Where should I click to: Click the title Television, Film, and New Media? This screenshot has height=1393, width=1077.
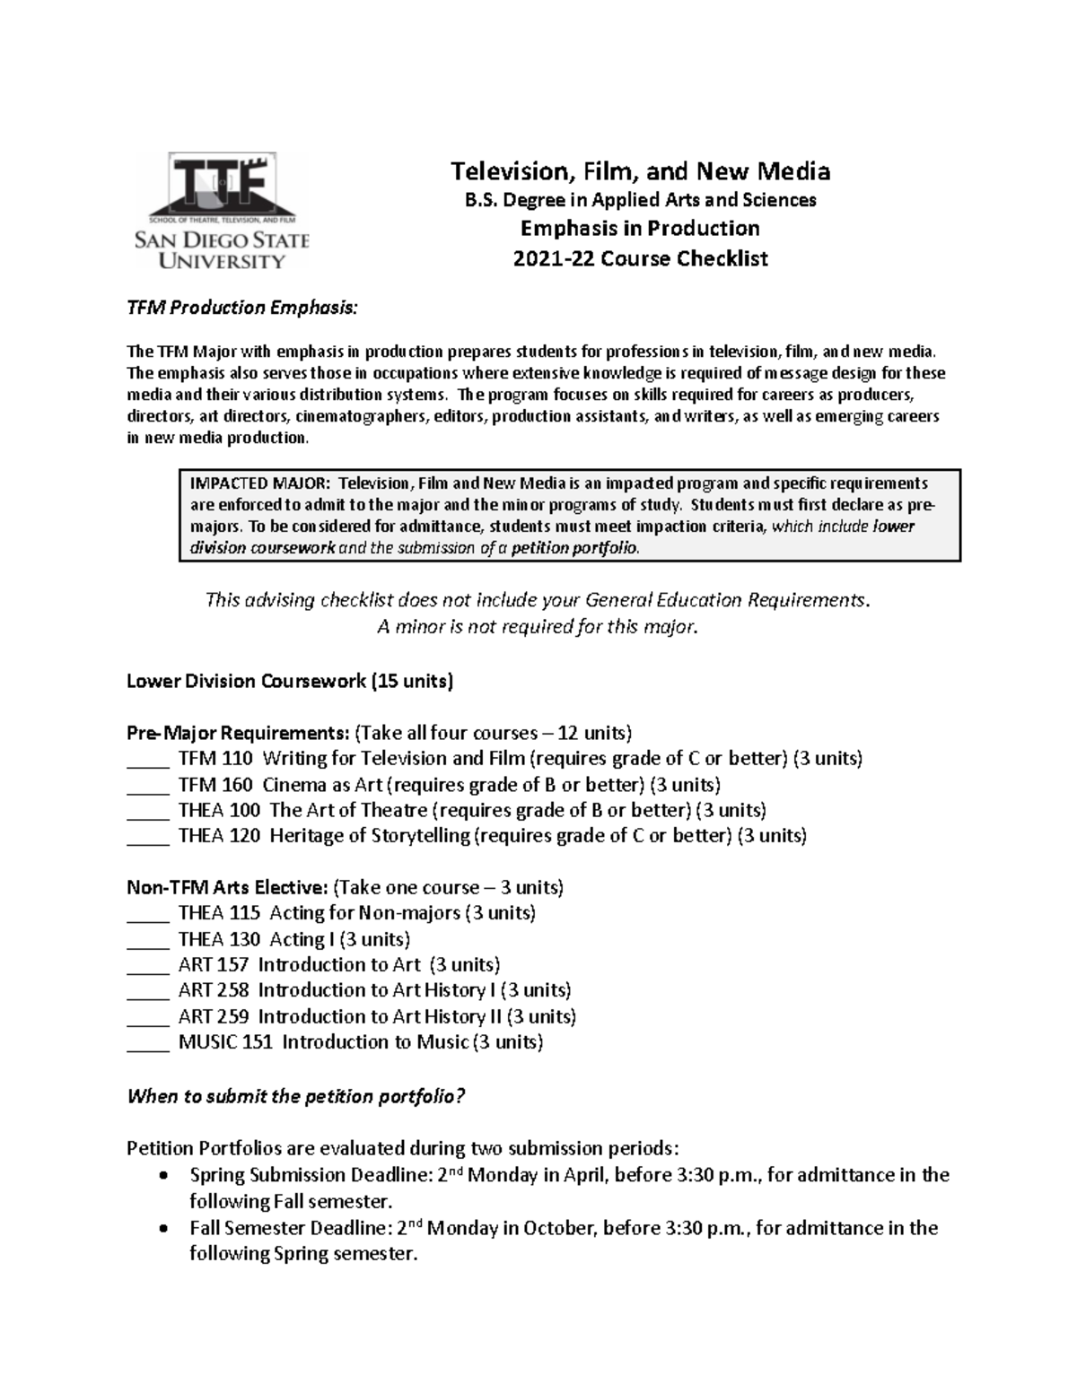[640, 170]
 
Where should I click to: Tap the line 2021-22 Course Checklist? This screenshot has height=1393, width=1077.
[640, 259]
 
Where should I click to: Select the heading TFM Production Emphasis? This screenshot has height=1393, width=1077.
[241, 308]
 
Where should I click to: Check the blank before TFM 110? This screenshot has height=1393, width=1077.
[147, 759]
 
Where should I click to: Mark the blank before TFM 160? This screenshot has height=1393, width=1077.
[147, 785]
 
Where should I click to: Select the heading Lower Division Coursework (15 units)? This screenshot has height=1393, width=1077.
[290, 681]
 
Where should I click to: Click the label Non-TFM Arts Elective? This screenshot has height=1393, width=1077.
[227, 887]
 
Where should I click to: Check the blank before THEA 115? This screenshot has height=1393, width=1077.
[147, 913]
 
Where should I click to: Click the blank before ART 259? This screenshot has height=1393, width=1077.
[147, 1016]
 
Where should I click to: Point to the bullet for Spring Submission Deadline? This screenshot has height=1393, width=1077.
[162, 1176]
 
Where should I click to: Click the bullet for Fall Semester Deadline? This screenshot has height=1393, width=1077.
[162, 1228]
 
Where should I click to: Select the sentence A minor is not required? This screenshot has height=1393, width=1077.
[537, 627]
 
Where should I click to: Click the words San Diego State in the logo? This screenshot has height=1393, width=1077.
[222, 240]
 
